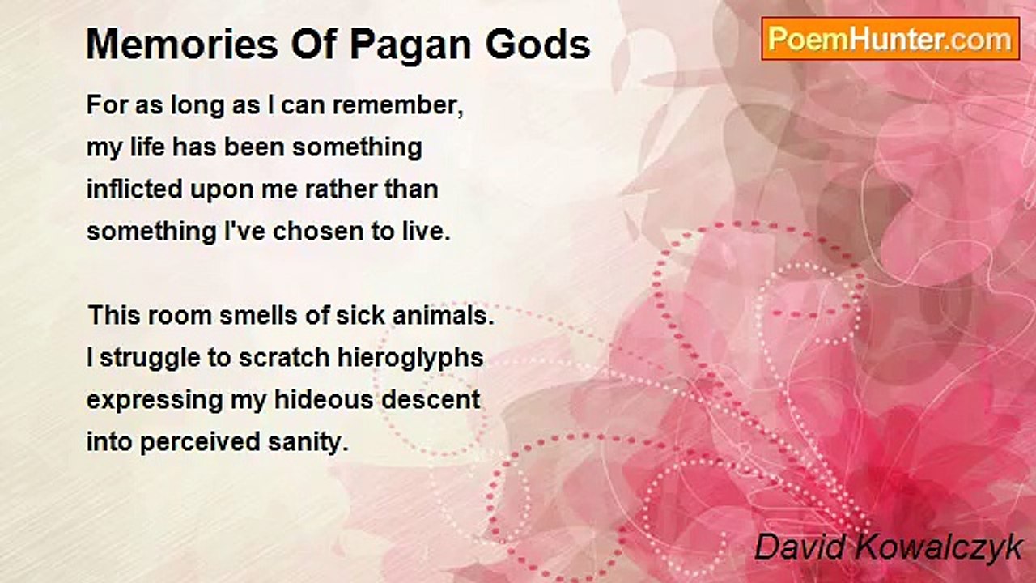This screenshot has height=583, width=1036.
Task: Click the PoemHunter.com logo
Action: pyautogui.click(x=890, y=39)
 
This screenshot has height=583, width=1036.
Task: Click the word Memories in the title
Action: pyautogui.click(x=183, y=45)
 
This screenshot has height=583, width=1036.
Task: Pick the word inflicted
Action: pyautogui.click(x=134, y=189)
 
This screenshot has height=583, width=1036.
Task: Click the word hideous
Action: pyautogui.click(x=324, y=400)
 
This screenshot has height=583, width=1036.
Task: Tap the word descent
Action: pyautogui.click(x=431, y=400)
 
